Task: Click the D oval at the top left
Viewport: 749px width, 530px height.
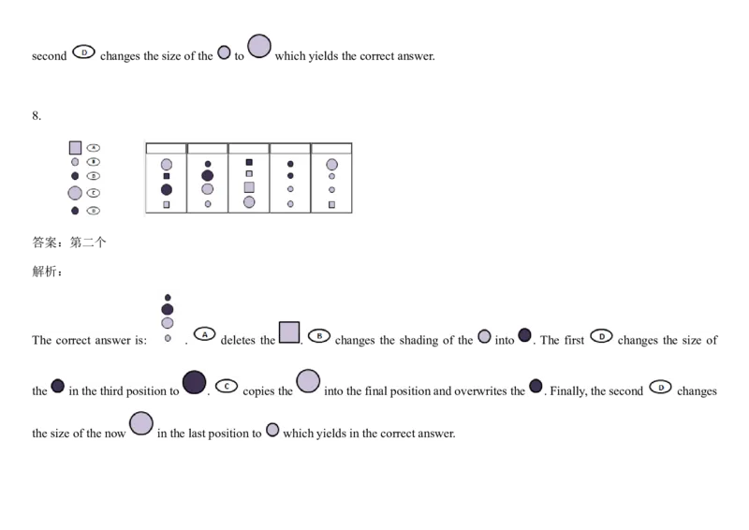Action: (83, 52)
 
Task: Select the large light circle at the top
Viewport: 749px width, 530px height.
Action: (258, 46)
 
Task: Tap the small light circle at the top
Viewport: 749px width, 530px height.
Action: (224, 52)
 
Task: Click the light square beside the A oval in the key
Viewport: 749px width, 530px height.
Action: (75, 148)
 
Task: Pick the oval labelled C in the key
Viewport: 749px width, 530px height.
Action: (94, 192)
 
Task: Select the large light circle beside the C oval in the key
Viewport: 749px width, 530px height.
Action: (75, 193)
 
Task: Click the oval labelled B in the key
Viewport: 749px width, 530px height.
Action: (94, 161)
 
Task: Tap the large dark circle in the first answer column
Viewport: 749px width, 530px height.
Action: (167, 189)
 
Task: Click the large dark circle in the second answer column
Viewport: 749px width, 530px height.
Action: (208, 175)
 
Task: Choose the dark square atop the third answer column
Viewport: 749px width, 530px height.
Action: (249, 162)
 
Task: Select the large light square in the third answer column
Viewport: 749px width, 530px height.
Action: (249, 187)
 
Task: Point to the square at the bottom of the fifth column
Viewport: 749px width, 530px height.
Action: (331, 203)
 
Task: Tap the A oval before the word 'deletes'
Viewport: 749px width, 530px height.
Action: (205, 333)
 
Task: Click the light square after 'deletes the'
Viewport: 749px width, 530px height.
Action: (289, 332)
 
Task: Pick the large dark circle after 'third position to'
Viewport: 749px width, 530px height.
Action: (194, 382)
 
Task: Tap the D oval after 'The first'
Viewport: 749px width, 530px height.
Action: (600, 334)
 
